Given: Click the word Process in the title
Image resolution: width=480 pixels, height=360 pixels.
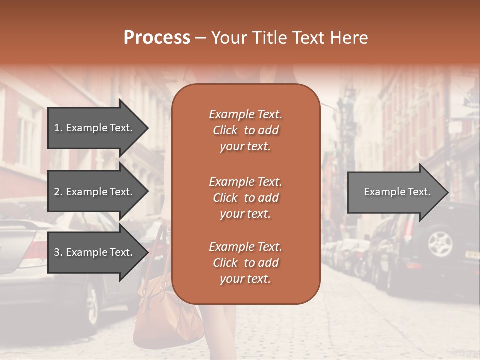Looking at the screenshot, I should tap(157, 38).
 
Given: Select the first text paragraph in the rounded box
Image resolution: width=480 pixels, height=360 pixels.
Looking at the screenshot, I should tap(245, 130).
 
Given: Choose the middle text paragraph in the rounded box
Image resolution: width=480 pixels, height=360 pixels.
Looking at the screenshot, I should tap(245, 198).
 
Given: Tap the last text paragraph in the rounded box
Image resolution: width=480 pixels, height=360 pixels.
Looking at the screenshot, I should tap(245, 263).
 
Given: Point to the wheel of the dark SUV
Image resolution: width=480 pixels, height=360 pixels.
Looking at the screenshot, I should tap(440, 243).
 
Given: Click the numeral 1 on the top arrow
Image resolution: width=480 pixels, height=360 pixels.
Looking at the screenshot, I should tap(57, 128).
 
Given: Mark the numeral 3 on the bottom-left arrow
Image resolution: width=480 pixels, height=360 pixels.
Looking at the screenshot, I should tap(57, 252).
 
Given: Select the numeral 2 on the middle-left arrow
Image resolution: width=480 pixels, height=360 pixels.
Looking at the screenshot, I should tap(57, 192).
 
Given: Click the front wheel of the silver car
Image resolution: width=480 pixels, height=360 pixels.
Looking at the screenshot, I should tap(92, 304).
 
